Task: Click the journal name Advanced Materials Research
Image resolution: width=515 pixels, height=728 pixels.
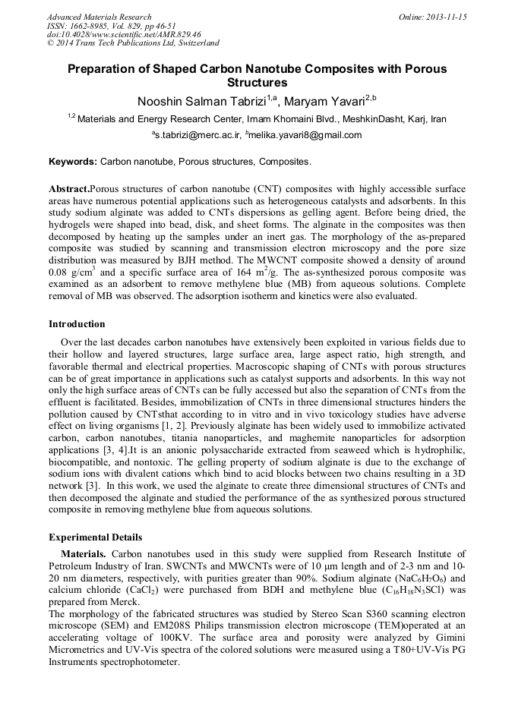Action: tap(99, 17)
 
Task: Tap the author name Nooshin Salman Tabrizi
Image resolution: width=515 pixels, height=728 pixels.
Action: tap(200, 101)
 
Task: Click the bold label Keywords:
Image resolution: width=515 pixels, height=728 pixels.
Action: tap(73, 162)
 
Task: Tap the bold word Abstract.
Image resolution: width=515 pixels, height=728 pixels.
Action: tap(68, 188)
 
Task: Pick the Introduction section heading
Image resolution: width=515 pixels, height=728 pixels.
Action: tap(77, 323)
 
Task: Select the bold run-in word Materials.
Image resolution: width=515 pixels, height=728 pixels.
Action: tap(86, 554)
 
